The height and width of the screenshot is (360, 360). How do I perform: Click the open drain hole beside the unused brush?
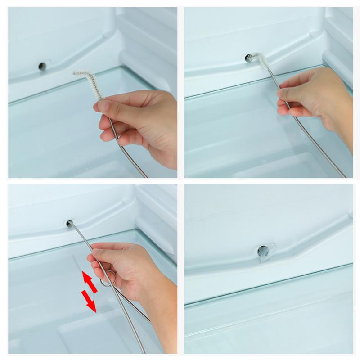[x=41, y=66]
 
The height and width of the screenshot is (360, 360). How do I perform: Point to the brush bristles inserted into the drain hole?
[x=256, y=58]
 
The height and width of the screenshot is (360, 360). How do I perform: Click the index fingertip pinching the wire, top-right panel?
[x=281, y=93]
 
